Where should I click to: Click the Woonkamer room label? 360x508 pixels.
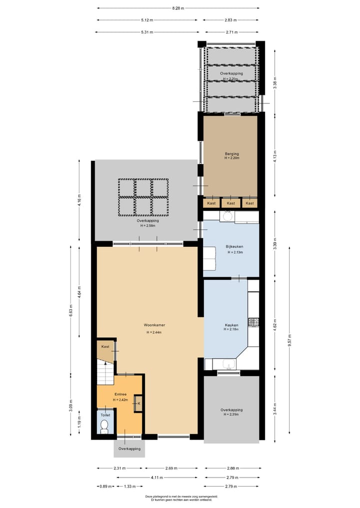[x=156, y=325]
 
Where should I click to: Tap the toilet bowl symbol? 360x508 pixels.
[x=104, y=426]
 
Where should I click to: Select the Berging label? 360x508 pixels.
[x=231, y=154]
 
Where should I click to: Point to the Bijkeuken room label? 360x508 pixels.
[x=234, y=247]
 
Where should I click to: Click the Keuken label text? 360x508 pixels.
[x=231, y=324]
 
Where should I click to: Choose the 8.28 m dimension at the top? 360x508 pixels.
[x=178, y=8]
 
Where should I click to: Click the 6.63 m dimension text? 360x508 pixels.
[x=71, y=316]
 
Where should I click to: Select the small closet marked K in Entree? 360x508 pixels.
[x=138, y=404]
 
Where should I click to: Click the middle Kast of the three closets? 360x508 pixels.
[x=230, y=203]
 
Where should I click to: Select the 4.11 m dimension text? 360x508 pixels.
[x=157, y=477]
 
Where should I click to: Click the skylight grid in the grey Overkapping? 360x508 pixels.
[x=143, y=197]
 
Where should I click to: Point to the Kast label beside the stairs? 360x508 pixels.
[x=105, y=346]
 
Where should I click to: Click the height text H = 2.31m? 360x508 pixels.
[x=231, y=415]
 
